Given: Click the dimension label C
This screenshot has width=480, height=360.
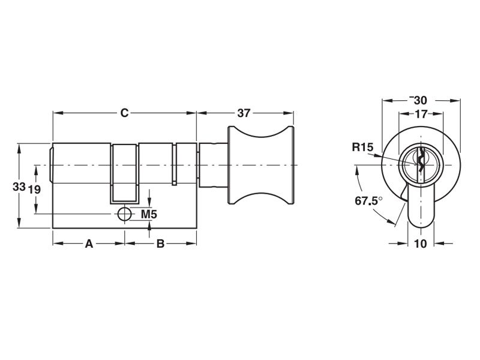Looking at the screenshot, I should [x=124, y=113].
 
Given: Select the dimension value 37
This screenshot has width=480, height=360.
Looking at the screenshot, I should [x=244, y=113].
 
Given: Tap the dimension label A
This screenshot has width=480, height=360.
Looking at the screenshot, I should [x=89, y=244].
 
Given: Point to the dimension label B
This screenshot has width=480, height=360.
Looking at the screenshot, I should [x=160, y=244].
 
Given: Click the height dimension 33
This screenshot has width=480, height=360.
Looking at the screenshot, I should [x=19, y=187].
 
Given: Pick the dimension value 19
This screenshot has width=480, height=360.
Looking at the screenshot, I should [x=35, y=189].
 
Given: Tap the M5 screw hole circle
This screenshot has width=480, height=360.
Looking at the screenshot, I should [x=124, y=214].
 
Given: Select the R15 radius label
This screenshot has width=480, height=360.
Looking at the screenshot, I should [x=363, y=146].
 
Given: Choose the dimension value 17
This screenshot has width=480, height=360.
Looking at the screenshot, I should [x=421, y=113].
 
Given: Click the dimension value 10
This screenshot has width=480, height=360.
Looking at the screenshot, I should [x=420, y=244].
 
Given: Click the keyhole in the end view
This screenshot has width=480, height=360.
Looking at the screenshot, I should [x=421, y=161].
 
